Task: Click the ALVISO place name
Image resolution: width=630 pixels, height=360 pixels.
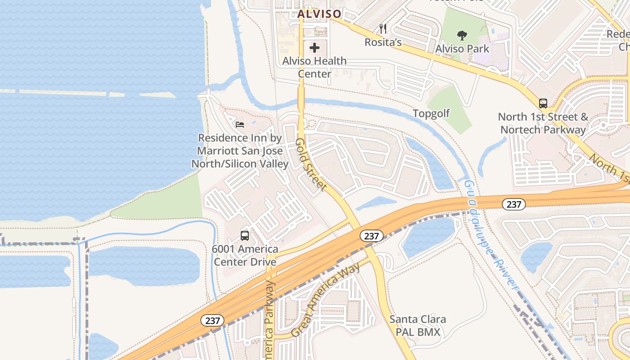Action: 319,14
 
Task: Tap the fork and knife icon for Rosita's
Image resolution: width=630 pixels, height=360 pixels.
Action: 383,29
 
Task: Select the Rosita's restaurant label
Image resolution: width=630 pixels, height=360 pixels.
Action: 383,42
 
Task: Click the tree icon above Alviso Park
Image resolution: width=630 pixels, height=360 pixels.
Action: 462,36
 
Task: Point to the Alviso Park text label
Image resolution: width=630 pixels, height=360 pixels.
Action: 462,48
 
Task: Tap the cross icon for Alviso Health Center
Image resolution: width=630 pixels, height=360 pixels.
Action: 315,48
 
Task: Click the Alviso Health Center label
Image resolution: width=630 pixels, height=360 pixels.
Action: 315,67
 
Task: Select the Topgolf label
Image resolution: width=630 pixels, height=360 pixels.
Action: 431,113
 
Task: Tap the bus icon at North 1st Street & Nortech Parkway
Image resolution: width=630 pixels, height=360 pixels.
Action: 543,103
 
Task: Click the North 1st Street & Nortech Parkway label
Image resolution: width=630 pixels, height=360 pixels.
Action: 543,123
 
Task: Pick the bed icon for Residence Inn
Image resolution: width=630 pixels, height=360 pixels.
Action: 240,124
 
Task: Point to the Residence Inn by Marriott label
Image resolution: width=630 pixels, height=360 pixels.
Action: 240,151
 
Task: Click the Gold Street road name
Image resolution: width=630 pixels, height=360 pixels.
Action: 310,165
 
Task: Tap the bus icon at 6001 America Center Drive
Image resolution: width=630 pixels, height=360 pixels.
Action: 245,235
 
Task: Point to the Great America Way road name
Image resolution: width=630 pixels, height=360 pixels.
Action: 325,300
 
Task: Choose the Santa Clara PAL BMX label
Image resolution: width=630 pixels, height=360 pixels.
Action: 418,326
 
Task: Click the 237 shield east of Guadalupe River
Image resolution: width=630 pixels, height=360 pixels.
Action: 513,204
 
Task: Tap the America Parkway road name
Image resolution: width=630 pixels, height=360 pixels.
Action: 270,319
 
